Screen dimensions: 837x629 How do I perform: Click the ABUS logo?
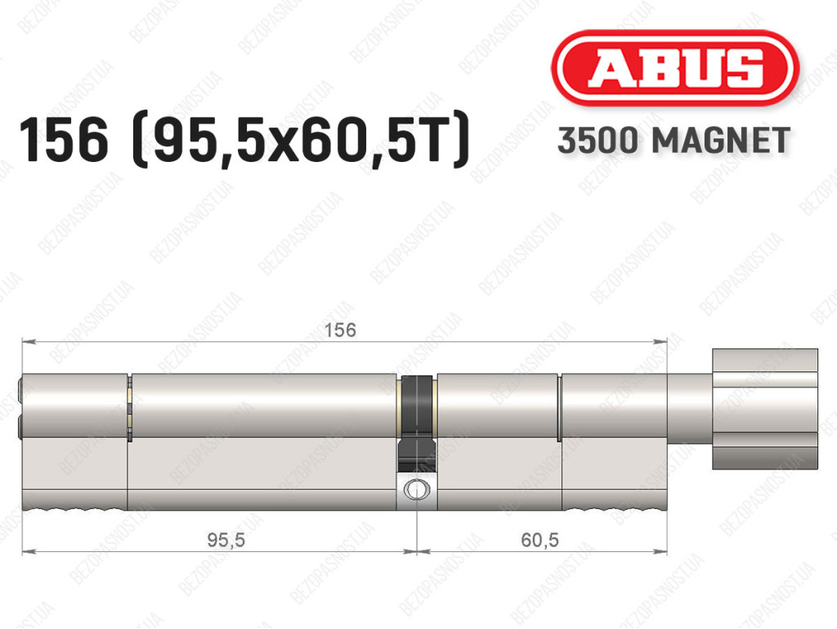tap(674, 68)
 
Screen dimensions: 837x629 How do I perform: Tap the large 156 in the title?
tap(64, 140)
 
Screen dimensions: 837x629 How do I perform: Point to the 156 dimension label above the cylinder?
tap(340, 330)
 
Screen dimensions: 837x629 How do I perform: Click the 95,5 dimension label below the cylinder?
tap(226, 541)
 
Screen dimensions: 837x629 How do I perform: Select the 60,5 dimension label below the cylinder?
tap(539, 541)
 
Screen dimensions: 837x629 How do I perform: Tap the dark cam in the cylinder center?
tap(416, 423)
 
